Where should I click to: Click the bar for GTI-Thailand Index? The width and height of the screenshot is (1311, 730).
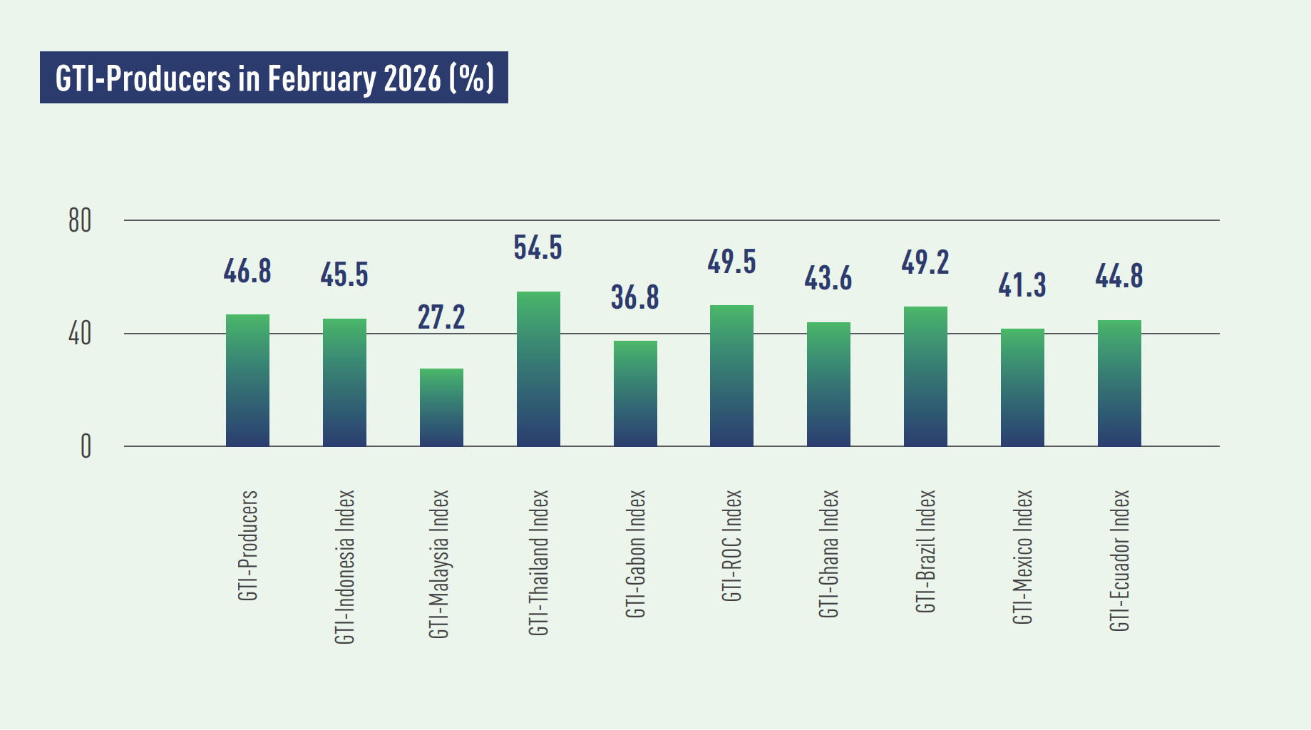538,369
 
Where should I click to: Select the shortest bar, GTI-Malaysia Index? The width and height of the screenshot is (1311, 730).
441,408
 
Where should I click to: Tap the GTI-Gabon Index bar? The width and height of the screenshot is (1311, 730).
635,394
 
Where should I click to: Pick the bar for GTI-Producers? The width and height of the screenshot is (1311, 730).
247,381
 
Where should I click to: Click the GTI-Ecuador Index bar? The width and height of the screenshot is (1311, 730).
1119,384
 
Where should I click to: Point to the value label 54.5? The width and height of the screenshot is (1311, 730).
538,248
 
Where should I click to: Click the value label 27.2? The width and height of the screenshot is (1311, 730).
441,317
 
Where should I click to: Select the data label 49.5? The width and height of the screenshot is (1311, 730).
731,262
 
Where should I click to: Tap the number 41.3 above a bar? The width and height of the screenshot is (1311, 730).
1022,285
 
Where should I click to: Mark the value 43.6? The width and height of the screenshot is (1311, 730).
828,278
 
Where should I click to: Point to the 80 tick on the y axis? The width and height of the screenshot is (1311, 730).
80,221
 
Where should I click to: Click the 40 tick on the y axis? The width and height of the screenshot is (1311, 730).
80,334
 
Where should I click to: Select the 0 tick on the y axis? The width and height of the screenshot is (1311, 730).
86,447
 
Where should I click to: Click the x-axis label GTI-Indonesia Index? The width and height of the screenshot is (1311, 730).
345,567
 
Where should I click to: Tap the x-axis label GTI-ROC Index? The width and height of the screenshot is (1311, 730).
732,545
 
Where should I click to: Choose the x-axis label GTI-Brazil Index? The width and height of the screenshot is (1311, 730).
925,551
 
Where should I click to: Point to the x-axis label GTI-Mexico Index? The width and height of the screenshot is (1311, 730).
1022,557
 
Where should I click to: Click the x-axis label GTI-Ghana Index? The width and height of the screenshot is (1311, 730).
829,553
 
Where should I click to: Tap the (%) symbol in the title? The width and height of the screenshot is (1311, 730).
471,78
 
